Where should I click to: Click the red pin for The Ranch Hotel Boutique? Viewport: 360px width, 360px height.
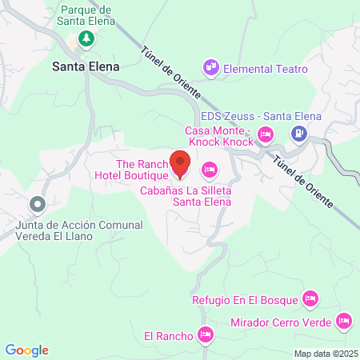180,163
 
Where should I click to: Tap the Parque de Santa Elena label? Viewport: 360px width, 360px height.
86,16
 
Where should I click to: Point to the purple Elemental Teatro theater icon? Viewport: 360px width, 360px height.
211,69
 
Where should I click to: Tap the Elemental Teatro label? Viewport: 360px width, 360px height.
266,69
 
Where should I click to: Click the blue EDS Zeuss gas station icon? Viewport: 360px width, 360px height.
298,134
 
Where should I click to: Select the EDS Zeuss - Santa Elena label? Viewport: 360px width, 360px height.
260,116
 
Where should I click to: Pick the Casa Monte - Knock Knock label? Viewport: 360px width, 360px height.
218,135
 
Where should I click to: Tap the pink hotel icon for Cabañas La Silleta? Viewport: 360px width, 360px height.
210,169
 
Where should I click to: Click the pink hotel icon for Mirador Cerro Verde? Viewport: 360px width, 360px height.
344,322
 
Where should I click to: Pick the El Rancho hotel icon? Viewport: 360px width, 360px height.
206,334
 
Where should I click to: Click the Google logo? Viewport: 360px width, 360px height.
26,350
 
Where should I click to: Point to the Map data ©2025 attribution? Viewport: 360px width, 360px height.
324,354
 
